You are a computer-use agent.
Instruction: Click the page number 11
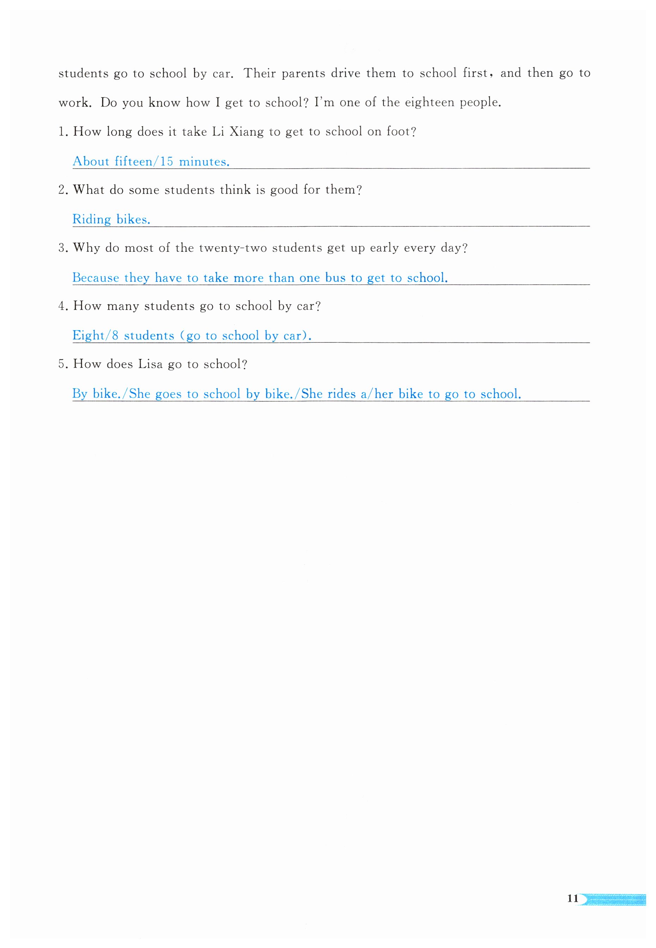click(572, 898)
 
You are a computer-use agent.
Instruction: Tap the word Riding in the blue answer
click(91, 220)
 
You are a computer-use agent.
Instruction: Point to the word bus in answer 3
click(335, 278)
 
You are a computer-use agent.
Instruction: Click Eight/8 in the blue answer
click(95, 336)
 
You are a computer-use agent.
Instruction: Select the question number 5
click(62, 364)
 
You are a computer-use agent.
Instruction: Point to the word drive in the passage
click(346, 73)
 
